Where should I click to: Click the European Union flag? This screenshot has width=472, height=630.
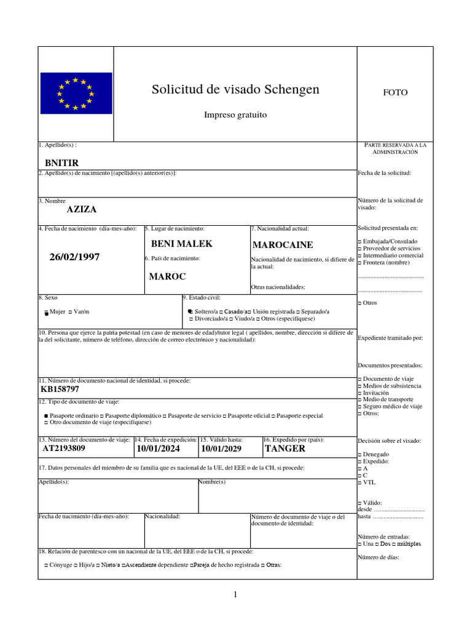click(x=76, y=93)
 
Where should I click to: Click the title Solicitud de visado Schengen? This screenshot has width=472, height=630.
click(x=235, y=90)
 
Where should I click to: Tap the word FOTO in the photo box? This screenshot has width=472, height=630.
click(x=395, y=92)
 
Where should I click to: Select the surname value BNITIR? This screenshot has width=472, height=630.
click(x=62, y=163)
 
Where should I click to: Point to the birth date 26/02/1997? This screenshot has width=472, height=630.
click(x=74, y=257)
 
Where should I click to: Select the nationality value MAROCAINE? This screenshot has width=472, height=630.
click(x=283, y=245)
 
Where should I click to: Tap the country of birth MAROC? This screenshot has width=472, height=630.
click(x=167, y=276)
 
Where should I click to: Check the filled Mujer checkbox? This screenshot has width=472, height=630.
click(x=47, y=313)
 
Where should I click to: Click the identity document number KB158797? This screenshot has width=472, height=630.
click(x=60, y=389)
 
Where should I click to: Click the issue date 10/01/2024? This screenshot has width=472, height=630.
click(x=159, y=449)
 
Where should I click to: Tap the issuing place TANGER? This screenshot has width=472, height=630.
click(x=285, y=449)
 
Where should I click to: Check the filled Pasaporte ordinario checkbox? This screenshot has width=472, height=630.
click(x=47, y=417)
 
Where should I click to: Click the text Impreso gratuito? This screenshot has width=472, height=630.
click(x=235, y=115)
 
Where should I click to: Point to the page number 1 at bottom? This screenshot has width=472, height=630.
click(x=235, y=594)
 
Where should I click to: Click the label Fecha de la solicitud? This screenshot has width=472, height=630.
click(x=384, y=173)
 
